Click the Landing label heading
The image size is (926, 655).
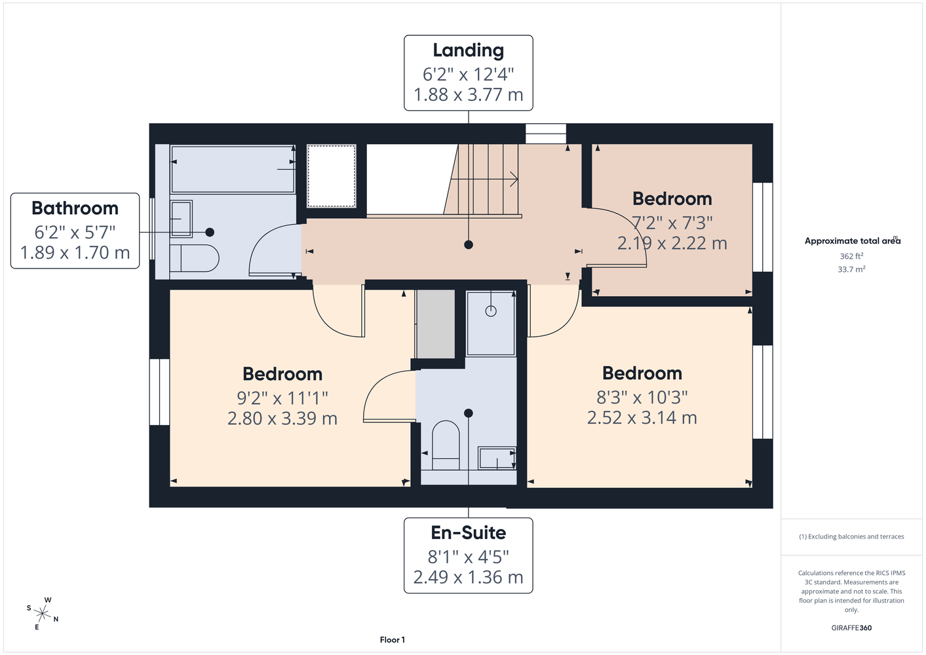tap(469, 50)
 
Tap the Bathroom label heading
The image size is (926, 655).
tap(75, 208)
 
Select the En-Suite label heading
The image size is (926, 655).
tap(469, 533)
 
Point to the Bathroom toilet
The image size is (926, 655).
tap(194, 258)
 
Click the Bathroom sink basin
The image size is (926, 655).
tap(181, 219)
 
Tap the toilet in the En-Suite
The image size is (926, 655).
tap(446, 445)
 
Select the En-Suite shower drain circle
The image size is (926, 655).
tap(491, 311)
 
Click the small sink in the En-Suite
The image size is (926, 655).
tap(497, 458)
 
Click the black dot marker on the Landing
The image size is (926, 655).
tap(469, 245)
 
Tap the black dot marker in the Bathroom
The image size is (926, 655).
tap(210, 233)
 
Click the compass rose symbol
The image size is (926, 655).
tap(43, 614)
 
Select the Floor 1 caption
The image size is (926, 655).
tap(393, 640)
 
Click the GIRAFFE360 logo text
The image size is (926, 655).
tap(851, 627)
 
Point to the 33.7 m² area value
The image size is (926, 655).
tap(851, 269)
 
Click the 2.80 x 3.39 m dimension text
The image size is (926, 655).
tap(282, 418)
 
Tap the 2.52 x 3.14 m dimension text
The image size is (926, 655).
tap(642, 417)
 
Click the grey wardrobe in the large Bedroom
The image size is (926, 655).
tap(435, 324)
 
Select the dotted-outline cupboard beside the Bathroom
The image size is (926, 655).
tap(331, 176)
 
